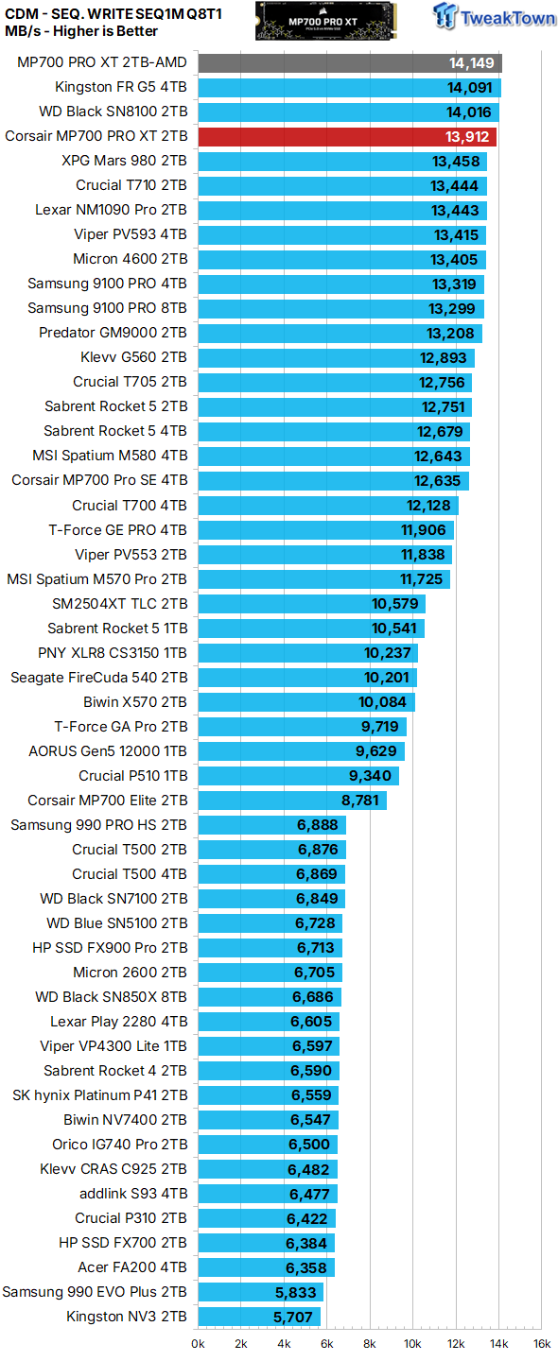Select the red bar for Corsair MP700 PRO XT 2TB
coord(346,137)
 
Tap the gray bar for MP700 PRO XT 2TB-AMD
coord(349,63)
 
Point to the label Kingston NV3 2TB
coord(127,1317)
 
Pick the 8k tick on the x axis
coord(370,1343)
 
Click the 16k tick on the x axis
coord(542,1343)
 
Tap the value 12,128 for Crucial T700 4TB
coord(428,506)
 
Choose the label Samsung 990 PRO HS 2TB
coord(98,825)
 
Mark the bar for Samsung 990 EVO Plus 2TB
coord(260,1292)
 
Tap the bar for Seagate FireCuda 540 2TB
coord(306,678)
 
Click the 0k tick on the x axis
coord(199,1343)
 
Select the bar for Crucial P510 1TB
coord(298,776)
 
